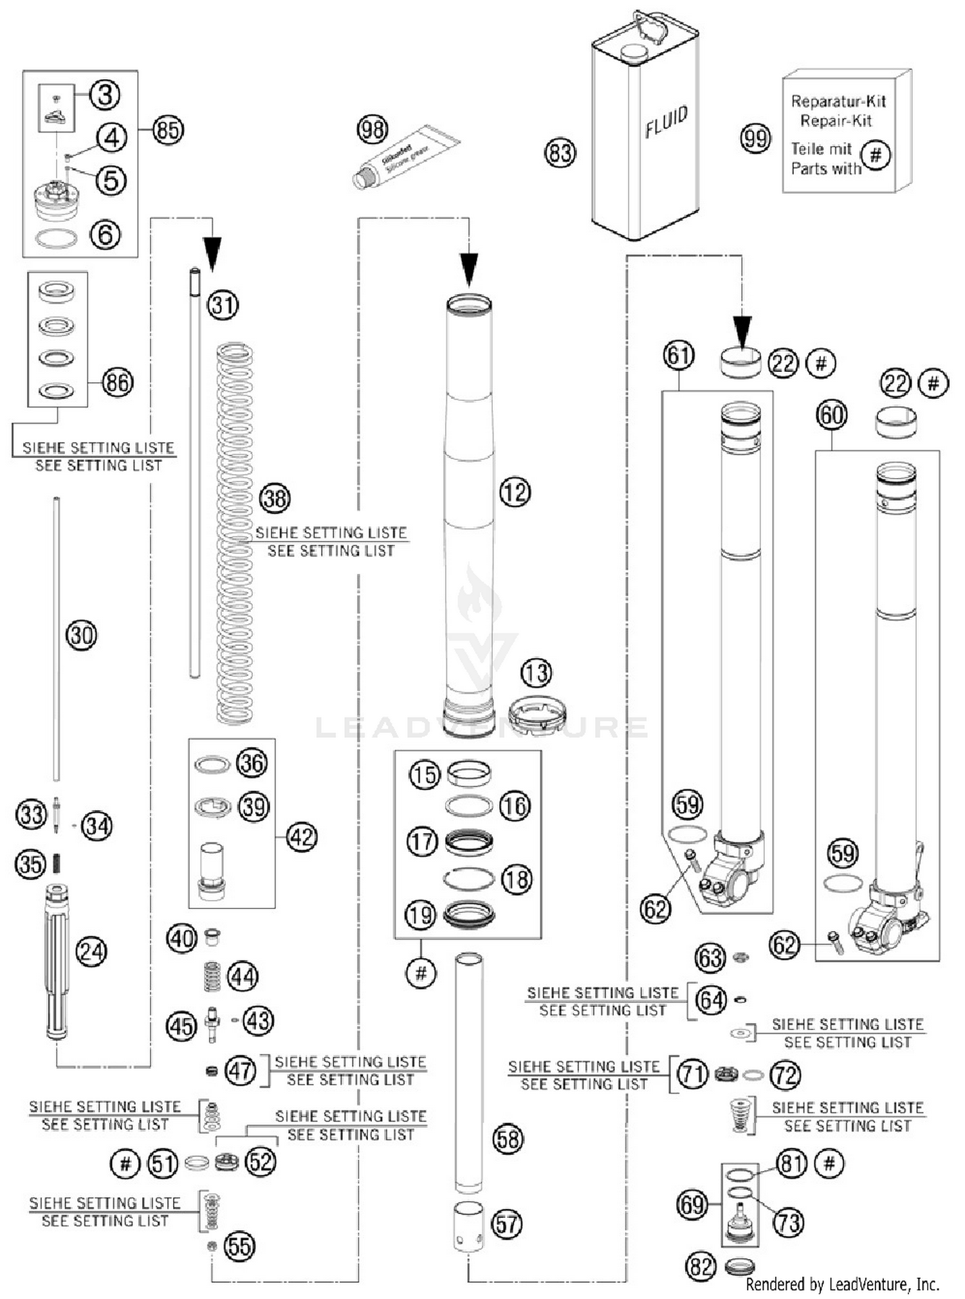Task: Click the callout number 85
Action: pos(168,130)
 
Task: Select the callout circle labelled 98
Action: pos(372,129)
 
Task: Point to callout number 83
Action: pos(560,153)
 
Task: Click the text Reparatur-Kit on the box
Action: pos(838,101)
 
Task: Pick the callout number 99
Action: pos(755,138)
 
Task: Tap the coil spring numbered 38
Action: pos(235,534)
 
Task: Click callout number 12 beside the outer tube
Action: pos(515,493)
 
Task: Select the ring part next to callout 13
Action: pos(537,715)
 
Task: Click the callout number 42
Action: pos(301,837)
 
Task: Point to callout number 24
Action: pos(91,952)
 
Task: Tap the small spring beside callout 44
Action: pos(212,976)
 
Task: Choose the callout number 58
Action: pos(508,1139)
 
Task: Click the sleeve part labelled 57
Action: pos(469,1226)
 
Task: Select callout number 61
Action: pos(679,355)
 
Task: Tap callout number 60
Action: pos(831,415)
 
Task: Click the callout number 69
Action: pos(692,1204)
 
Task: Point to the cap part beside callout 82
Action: pos(739,1267)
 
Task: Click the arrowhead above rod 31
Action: pos(212,252)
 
